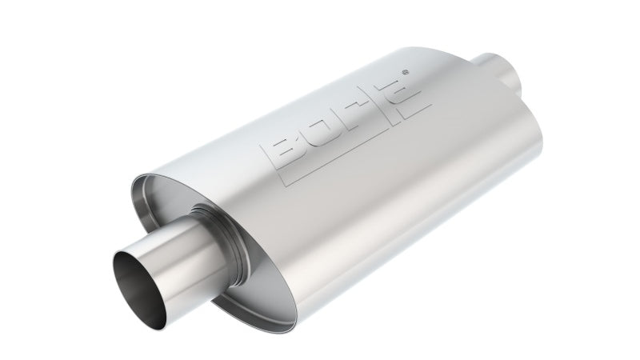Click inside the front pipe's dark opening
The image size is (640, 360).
pyautogui.click(x=138, y=290)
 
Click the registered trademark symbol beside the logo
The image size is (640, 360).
pyautogui.click(x=405, y=72)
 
